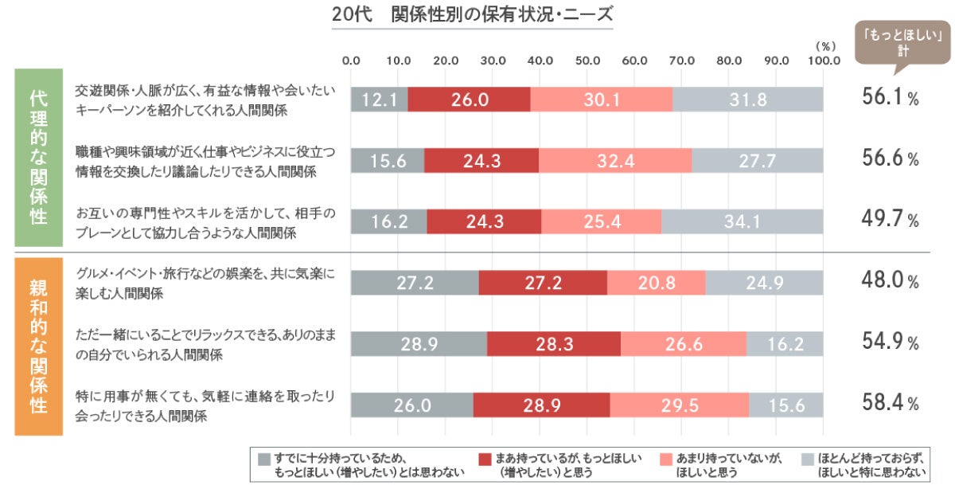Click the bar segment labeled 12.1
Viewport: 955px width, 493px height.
[x=380, y=100]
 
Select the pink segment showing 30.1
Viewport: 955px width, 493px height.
[x=601, y=100]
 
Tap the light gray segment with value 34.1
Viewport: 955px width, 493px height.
[x=742, y=221]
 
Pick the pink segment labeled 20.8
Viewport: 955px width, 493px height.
[x=656, y=283]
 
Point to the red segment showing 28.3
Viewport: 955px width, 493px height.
[x=553, y=343]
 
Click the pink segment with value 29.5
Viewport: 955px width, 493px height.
[x=678, y=405]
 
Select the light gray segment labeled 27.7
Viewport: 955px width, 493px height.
[x=757, y=160]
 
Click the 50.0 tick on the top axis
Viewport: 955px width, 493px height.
[x=587, y=60]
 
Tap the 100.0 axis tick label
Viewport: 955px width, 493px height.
[x=823, y=60]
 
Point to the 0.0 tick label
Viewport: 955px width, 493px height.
[x=351, y=60]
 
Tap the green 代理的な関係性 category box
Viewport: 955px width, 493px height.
[x=38, y=158]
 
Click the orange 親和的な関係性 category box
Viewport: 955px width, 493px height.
[x=38, y=346]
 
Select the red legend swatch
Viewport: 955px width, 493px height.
[x=485, y=460]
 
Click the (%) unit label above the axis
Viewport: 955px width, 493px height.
[x=825, y=45]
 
